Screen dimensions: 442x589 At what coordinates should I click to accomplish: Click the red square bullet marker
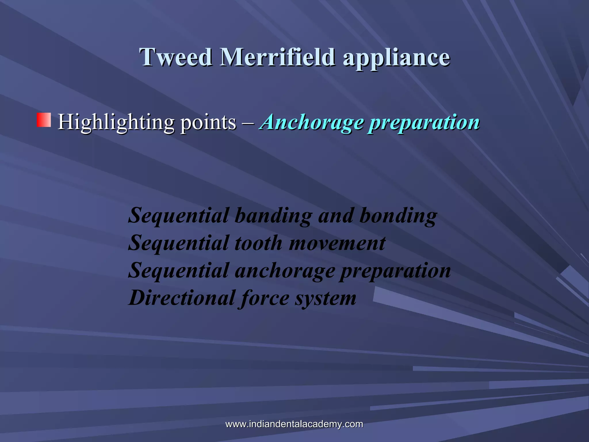[44, 120]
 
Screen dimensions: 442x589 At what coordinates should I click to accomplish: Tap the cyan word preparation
[424, 123]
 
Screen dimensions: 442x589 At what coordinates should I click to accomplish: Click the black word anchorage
[285, 271]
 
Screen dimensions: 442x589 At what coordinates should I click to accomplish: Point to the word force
[265, 298]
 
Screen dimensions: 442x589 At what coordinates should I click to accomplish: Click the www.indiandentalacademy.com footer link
[294, 424]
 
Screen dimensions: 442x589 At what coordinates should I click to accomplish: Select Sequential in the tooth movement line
[178, 243]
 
